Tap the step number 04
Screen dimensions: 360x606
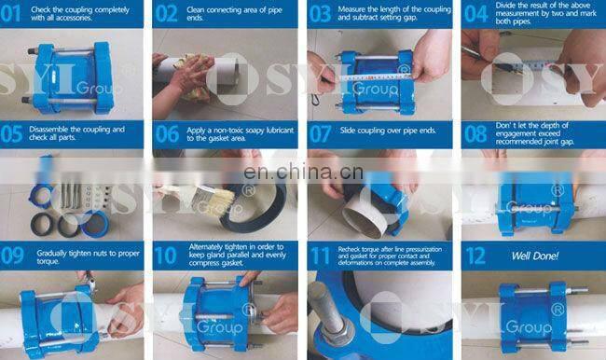[475, 12]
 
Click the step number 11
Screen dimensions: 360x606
[321, 255]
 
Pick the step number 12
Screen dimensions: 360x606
[475, 255]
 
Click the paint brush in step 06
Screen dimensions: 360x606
[186, 192]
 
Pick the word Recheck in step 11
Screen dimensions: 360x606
[356, 246]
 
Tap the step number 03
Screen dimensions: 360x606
[321, 12]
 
